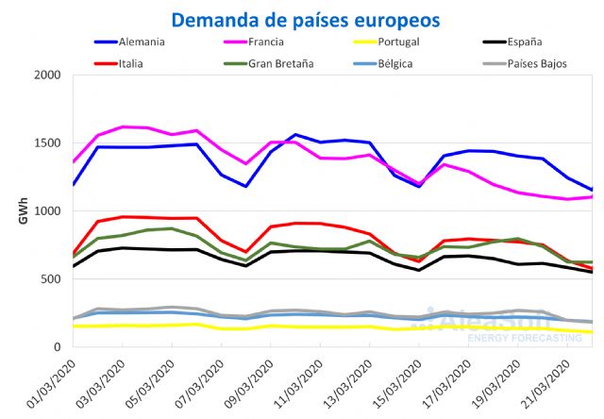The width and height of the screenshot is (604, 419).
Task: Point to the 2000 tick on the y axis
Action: tap(47, 75)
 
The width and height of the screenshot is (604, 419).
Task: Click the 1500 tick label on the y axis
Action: tap(47, 143)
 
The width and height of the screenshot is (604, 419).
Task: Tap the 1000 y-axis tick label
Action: tap(47, 211)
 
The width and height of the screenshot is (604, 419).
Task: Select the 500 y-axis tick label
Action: tap(51, 279)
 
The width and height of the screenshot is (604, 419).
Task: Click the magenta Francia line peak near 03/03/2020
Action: tap(123, 126)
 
